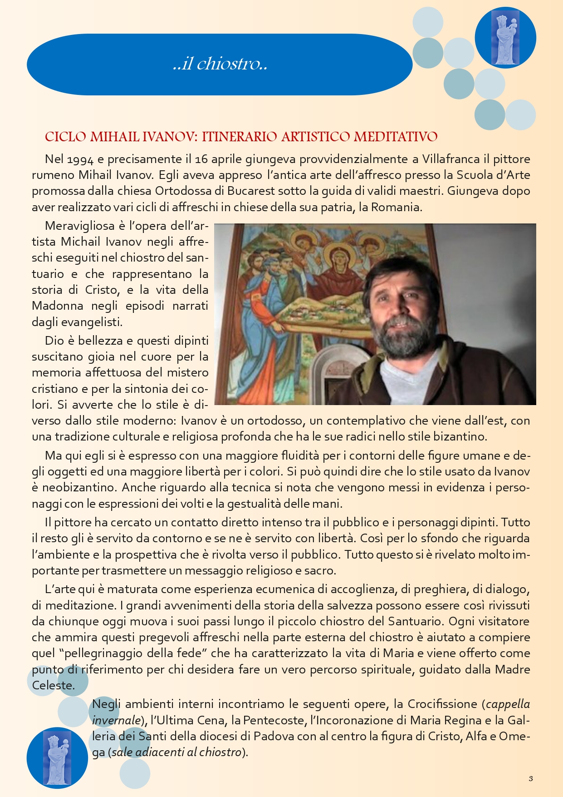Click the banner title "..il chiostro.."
tap(220, 64)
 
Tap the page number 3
tap(531, 778)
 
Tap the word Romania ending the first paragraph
tap(397, 207)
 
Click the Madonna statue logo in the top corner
tap(505, 38)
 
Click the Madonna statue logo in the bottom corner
tap(57, 757)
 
